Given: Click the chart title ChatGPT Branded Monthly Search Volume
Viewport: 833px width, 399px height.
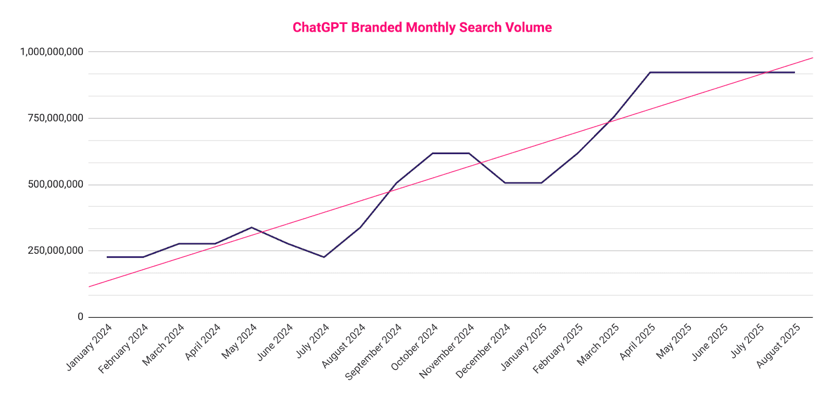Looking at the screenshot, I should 422,28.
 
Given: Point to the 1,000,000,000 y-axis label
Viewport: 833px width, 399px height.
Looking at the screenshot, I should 52,52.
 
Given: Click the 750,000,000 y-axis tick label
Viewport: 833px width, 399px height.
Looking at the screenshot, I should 55,118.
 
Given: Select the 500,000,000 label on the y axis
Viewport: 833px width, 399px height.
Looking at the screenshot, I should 55,184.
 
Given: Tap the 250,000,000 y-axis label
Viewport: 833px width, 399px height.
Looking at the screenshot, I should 55,251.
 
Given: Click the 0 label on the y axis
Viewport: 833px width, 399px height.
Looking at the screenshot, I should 80,317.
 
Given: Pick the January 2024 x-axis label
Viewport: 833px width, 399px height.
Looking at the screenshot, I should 90,347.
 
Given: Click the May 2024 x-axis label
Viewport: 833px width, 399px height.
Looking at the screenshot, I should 240,341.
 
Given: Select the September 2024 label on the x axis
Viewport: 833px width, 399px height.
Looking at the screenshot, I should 374,351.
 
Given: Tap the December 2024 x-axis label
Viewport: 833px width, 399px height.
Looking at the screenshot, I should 483,351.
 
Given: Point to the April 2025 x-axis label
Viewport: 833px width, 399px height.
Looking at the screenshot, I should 638,341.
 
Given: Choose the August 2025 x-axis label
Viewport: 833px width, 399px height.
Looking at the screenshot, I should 778,345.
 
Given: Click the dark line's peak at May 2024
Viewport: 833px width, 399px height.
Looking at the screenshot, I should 251,227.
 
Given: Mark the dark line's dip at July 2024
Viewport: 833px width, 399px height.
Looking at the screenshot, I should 324,257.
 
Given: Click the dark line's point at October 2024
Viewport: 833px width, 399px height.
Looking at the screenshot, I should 433,153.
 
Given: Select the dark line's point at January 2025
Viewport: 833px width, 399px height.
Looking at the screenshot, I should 541,183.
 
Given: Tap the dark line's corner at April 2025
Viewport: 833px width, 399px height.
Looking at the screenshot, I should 650,72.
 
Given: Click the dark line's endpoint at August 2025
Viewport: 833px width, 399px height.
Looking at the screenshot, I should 794,72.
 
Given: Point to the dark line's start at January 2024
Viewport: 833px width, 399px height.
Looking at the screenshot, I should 107,257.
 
